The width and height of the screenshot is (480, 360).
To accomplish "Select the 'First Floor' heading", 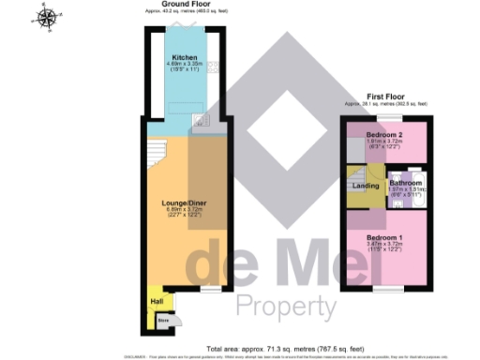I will [385, 97].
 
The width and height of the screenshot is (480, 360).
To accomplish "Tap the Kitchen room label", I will [184, 56].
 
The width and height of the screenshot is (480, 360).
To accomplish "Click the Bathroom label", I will [407, 182].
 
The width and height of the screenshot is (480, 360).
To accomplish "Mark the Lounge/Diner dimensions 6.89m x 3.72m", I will [184, 211].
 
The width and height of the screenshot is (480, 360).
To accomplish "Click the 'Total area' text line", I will [272, 345].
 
